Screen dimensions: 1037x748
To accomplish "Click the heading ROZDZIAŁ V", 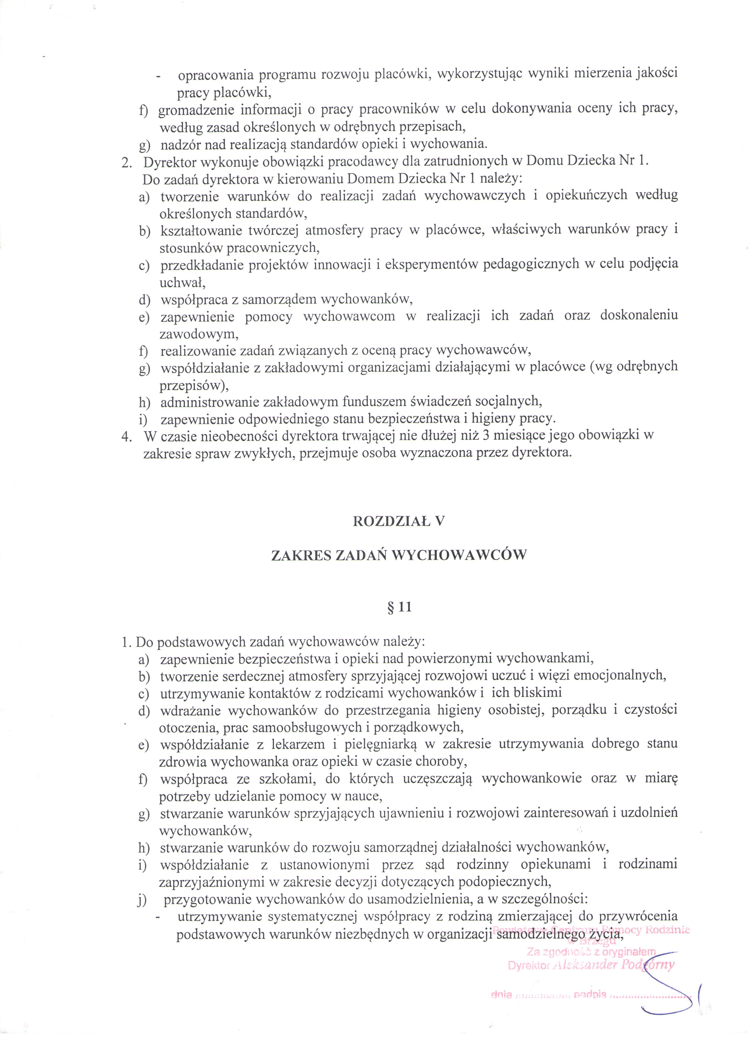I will tap(399, 522).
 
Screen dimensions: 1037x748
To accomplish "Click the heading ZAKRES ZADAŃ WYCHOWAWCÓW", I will tap(399, 555).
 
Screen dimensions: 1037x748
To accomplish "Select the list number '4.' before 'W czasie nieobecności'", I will tap(127, 436).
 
